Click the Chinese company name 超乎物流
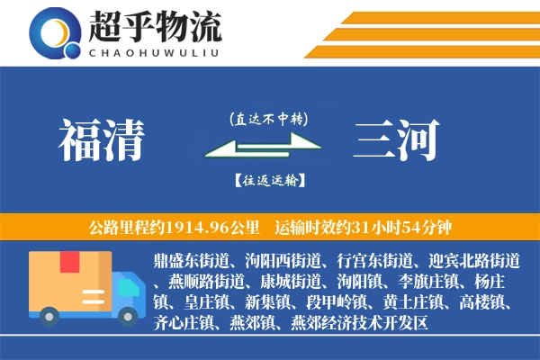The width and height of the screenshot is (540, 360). [154, 26]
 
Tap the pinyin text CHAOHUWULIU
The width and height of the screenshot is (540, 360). [154, 50]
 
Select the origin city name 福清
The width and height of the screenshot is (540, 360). [102, 140]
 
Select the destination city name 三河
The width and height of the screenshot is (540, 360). [397, 140]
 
